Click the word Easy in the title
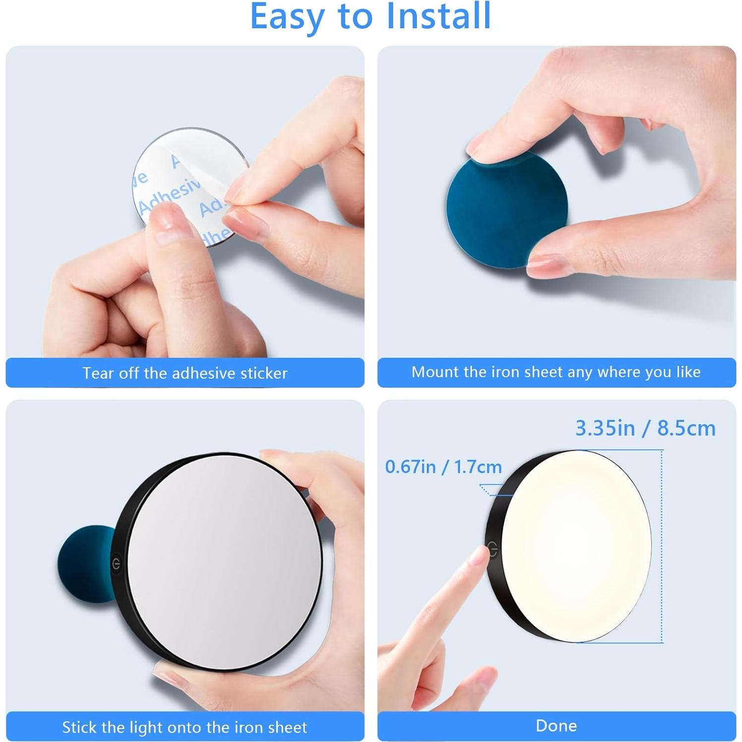click(x=288, y=17)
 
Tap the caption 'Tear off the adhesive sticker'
click(x=185, y=373)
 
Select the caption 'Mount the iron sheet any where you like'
click(x=556, y=372)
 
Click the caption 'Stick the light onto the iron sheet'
click(x=184, y=727)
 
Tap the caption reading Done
click(x=556, y=726)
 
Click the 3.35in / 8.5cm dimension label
click(x=645, y=428)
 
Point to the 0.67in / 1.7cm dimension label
click(x=443, y=466)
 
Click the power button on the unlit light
click(x=116, y=564)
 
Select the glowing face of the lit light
click(x=575, y=545)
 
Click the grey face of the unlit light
click(x=223, y=560)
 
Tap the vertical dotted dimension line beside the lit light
click(x=662, y=545)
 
